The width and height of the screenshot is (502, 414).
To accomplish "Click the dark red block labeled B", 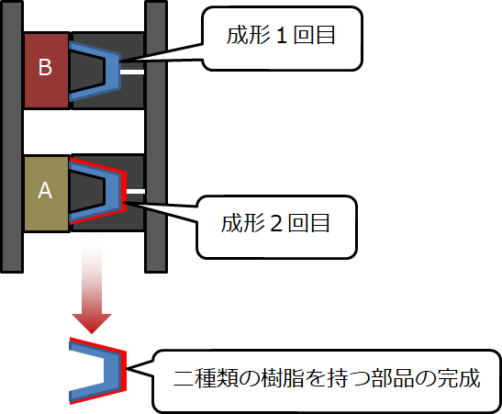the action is click(47, 71).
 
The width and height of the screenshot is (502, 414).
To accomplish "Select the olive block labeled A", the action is click(47, 194).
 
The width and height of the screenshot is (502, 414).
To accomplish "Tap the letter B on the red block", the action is click(45, 67).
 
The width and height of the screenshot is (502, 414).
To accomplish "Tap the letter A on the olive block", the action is click(45, 191).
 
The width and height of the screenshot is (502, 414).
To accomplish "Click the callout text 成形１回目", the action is click(281, 35).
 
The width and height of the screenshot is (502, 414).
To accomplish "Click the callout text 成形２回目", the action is click(275, 223).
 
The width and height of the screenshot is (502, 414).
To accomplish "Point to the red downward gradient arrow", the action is click(92, 285).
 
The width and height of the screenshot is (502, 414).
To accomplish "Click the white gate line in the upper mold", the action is click(132, 72).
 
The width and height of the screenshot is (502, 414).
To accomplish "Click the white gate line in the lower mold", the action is click(136, 192).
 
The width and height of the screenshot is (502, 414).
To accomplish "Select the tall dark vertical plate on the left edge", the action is click(12, 137).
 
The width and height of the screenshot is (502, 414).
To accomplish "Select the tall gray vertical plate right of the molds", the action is click(156, 137).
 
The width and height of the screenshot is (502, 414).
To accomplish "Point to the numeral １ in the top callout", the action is click(281, 36).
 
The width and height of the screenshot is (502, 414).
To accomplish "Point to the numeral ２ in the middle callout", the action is click(276, 224).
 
